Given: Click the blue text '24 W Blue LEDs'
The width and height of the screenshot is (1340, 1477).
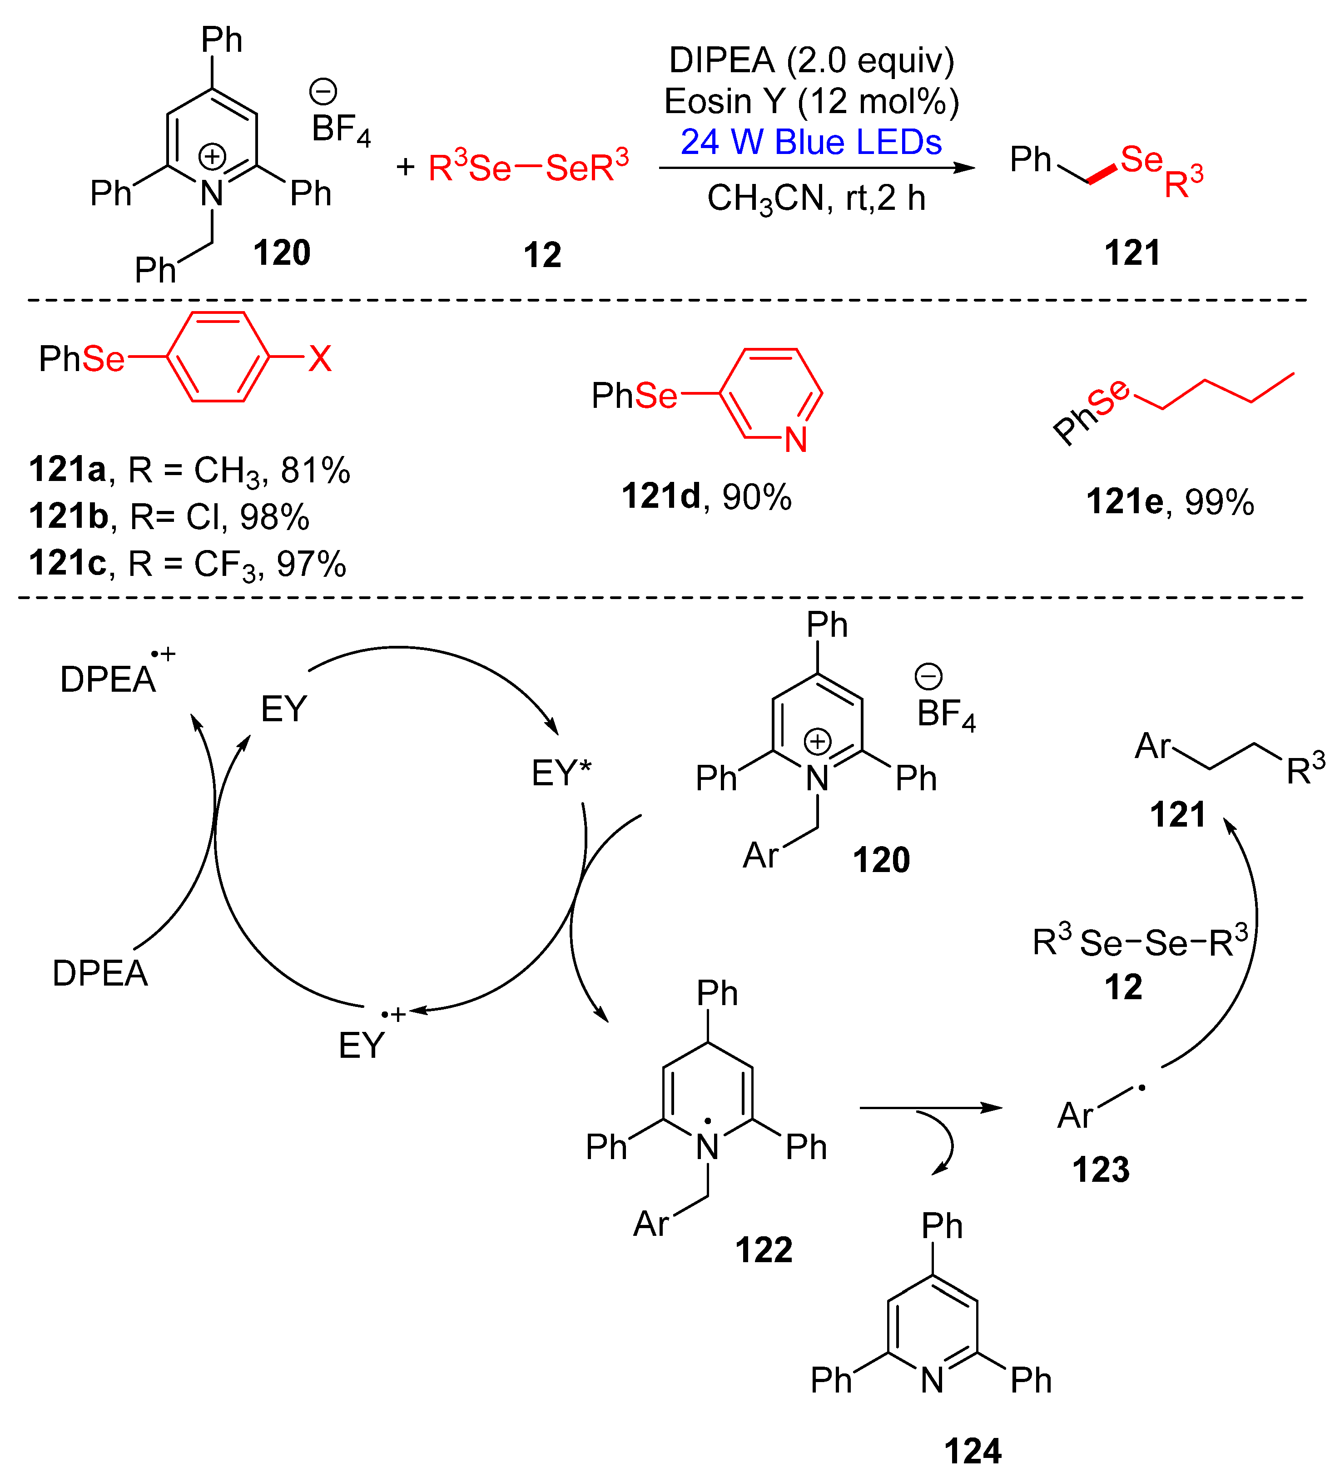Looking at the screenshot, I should coord(811,142).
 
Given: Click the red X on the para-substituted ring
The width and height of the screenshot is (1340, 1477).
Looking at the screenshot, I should coord(319,359).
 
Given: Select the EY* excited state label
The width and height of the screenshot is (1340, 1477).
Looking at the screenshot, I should coord(561,773).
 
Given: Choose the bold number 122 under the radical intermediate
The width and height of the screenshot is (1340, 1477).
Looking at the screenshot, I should coord(764,1249).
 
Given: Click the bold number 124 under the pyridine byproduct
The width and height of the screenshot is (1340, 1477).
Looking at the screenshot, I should coord(972,1451).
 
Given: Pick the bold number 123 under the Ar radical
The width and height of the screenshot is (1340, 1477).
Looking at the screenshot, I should coord(1101,1170).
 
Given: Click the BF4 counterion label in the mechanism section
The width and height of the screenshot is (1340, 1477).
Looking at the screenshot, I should coord(946,714).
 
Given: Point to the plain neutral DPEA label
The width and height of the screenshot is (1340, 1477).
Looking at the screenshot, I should coord(100,974).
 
